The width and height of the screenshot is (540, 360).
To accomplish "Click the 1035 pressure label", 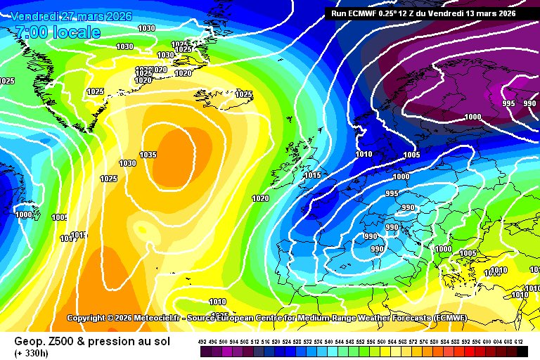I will (x=148, y=155).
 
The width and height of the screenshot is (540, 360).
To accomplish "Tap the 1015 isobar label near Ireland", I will (x=313, y=175).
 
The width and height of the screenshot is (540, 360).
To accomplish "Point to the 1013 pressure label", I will (x=79, y=235).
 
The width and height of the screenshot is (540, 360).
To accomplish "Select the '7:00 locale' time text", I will (x=58, y=32).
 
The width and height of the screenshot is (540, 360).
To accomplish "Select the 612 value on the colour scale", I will (x=519, y=341).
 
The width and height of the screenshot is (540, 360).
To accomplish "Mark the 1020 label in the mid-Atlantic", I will (x=260, y=198).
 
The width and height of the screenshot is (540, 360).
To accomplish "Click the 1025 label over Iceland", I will (x=244, y=94).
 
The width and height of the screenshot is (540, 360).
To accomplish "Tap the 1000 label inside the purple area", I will (x=473, y=117).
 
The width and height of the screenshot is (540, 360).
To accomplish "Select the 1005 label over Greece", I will (x=468, y=253).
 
